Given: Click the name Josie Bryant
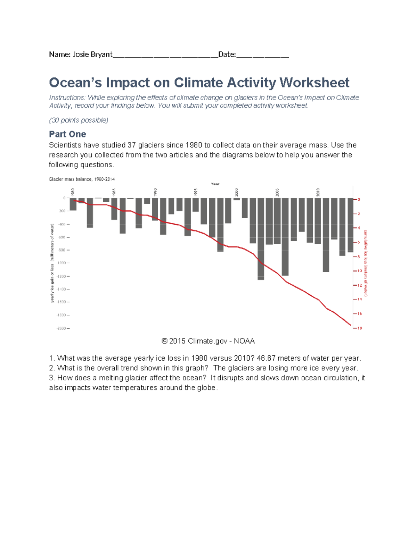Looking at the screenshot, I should pyautogui.click(x=92, y=54).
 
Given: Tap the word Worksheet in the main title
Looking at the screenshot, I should pyautogui.click(x=314, y=83).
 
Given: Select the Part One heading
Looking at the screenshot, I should pyautogui.click(x=67, y=134).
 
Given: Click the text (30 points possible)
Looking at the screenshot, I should pyautogui.click(x=79, y=120).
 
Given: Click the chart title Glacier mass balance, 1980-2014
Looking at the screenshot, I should pyautogui.click(x=82, y=179).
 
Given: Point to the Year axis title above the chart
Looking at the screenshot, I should pyautogui.click(x=215, y=184).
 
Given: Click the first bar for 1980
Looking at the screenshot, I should pyautogui.click(x=73, y=204).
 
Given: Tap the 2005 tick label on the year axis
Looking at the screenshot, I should pyautogui.click(x=277, y=192).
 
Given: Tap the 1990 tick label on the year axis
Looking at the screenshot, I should pyautogui.click(x=155, y=192).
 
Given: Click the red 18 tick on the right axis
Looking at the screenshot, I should pyautogui.click(x=359, y=328).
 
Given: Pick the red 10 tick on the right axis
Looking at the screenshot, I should pyautogui.click(x=359, y=271).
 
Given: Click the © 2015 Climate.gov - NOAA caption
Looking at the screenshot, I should pyautogui.click(x=208, y=341).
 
